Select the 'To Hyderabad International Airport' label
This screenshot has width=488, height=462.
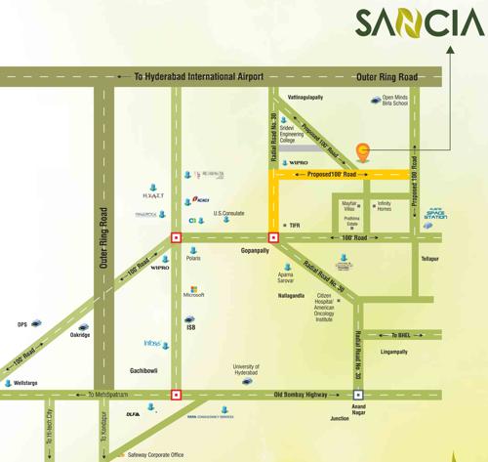(199, 75)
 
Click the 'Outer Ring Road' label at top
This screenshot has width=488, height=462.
(386, 75)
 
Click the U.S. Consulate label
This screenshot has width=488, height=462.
(228, 213)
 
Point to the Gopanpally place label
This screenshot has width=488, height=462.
(255, 250)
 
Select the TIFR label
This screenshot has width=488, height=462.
(294, 225)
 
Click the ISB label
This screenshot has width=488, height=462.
(190, 329)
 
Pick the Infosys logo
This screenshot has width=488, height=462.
(158, 344)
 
